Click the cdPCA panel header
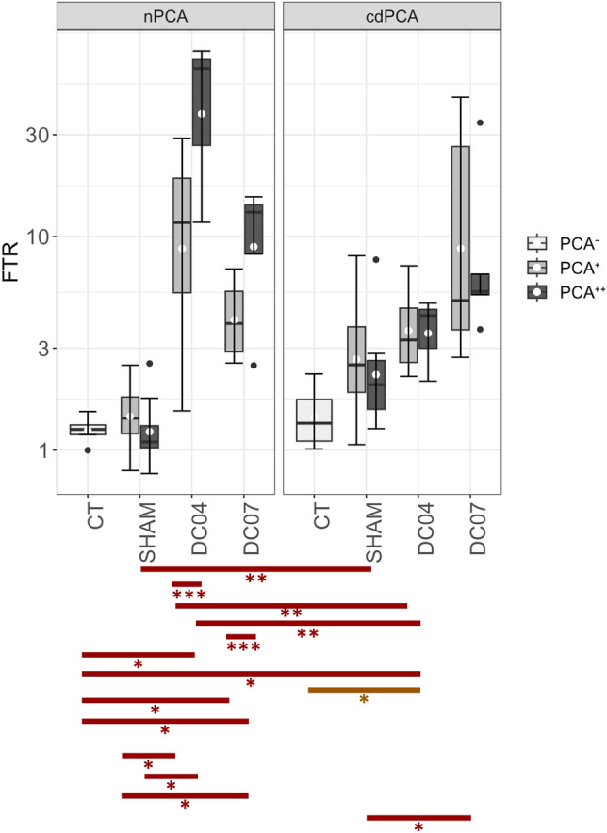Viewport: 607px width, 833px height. click(x=391, y=16)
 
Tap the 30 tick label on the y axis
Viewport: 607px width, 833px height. click(x=37, y=135)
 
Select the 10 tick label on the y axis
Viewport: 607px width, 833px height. click(x=37, y=237)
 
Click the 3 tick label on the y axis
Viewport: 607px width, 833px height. click(x=42, y=348)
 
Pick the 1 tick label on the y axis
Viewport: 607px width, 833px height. click(x=42, y=450)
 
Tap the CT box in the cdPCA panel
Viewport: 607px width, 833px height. click(x=314, y=420)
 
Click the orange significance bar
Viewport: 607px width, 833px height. click(x=364, y=690)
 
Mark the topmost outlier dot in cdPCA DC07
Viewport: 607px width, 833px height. click(x=480, y=122)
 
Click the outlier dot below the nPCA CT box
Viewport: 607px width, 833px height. click(x=88, y=450)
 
